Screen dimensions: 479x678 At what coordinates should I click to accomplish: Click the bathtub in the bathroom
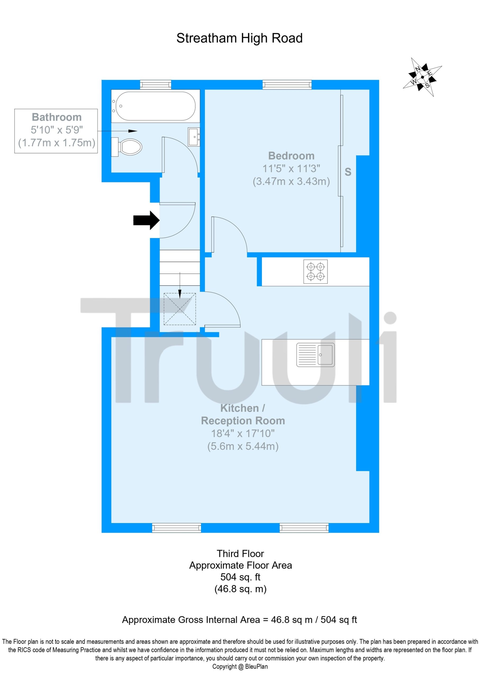pos(155,106)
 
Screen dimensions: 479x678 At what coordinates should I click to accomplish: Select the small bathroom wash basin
pos(194,137)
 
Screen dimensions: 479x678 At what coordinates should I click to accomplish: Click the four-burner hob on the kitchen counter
pos(315,271)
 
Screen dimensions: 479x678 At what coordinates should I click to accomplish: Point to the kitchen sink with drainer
pos(315,355)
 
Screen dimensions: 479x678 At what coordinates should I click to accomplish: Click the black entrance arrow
pos(146,220)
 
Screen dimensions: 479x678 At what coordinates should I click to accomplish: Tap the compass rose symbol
pos(422,77)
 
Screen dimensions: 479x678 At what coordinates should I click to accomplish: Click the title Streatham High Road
pos(239,38)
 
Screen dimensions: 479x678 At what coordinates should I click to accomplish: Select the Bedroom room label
pos(291,156)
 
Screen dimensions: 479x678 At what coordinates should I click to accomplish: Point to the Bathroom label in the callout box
pos(57,117)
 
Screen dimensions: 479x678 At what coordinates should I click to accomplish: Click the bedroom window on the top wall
pos(287,85)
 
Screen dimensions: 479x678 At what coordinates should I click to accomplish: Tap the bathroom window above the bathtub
pos(156,85)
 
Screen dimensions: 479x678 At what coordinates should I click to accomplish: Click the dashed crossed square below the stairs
pos(180,309)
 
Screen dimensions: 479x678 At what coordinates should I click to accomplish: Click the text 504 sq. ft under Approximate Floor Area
pos(240,577)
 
